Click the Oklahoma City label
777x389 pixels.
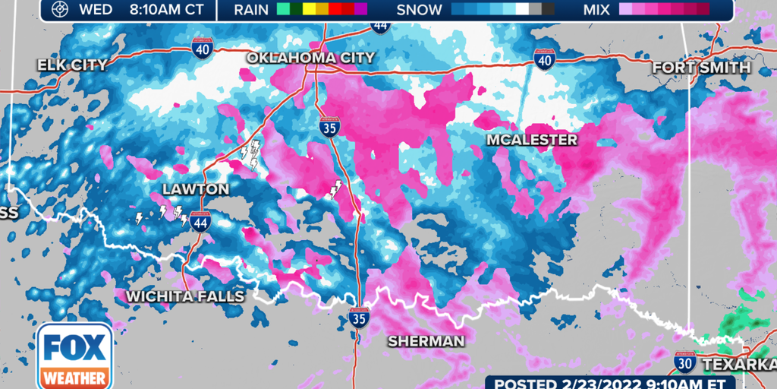(x=310, y=58)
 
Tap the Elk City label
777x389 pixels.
(x=73, y=65)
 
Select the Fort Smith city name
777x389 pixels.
(x=701, y=68)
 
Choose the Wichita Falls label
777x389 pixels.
(x=186, y=296)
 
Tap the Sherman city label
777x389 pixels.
(x=426, y=341)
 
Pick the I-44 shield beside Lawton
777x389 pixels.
(x=200, y=221)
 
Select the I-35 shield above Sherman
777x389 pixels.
(x=360, y=317)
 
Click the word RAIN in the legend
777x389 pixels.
(x=252, y=10)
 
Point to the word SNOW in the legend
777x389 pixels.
(x=419, y=10)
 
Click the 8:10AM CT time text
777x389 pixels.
(x=166, y=10)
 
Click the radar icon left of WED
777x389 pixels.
(x=59, y=10)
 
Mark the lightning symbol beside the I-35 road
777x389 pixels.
(x=335, y=189)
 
